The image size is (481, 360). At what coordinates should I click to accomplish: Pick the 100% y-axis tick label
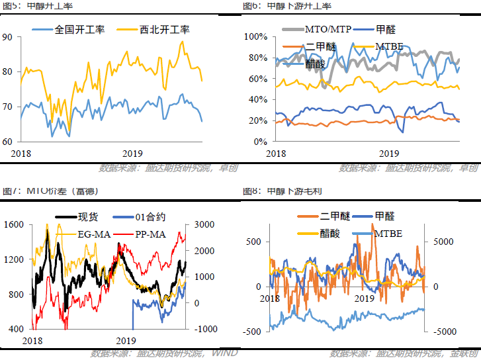tap(255, 36)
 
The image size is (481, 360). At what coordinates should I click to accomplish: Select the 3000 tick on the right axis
tap(203, 225)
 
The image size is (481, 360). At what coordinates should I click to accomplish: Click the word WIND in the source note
tap(224, 353)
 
